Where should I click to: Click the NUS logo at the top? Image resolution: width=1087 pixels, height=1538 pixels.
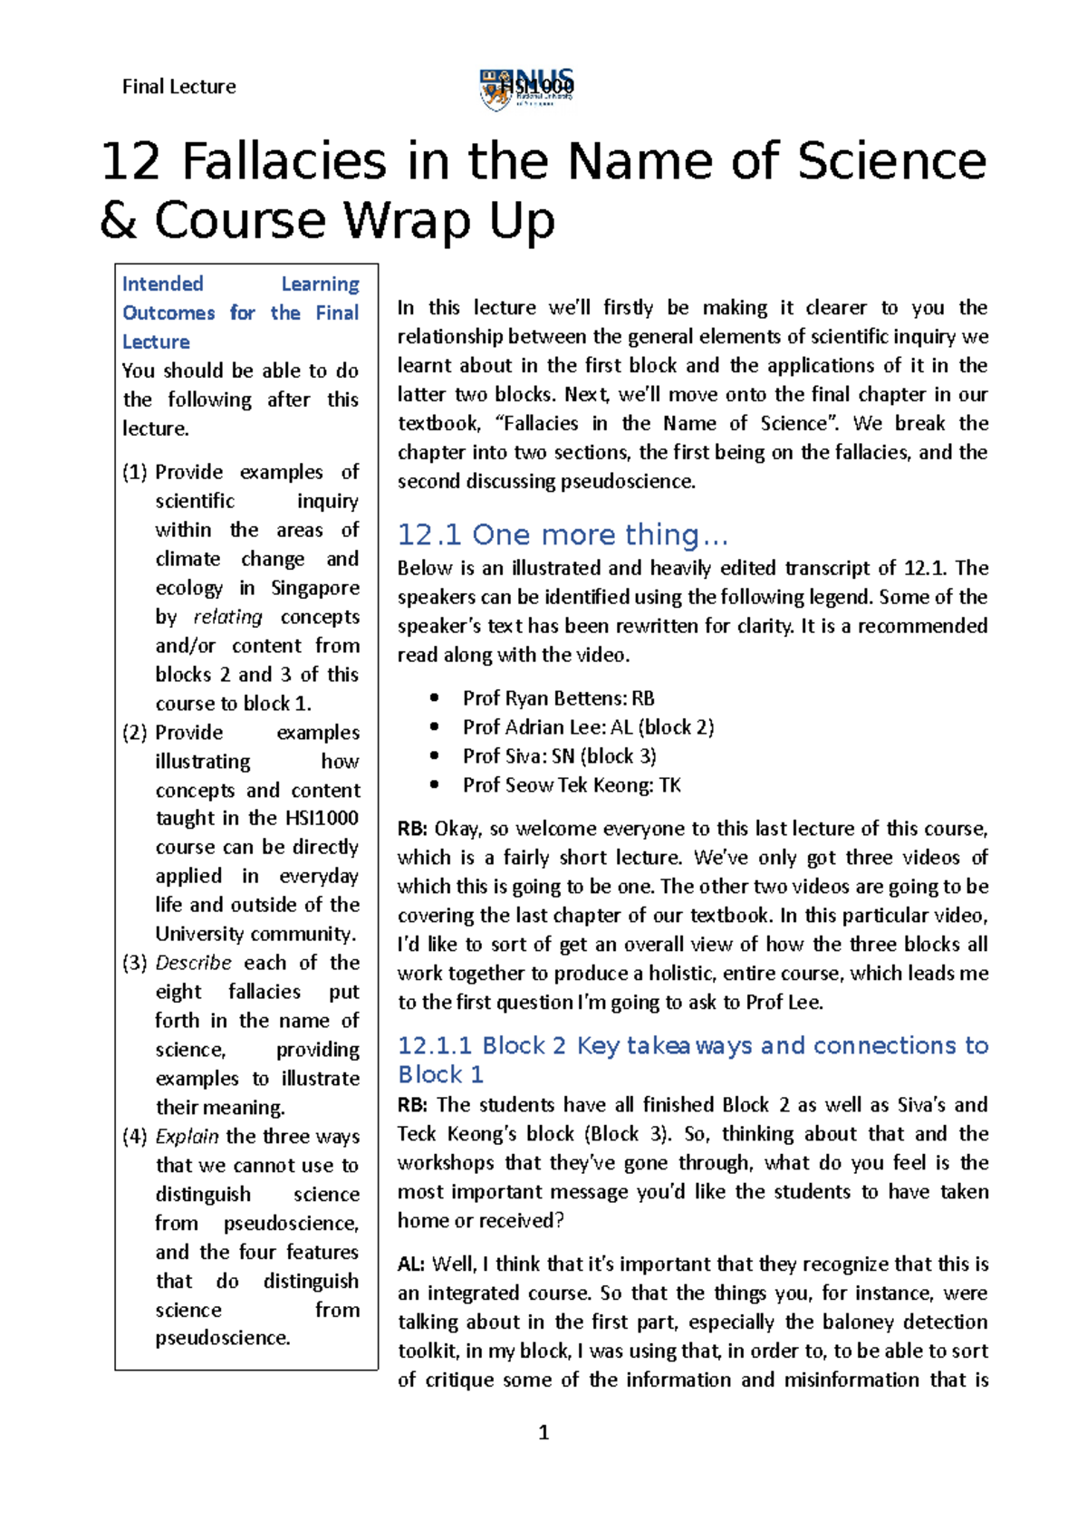coord(526,90)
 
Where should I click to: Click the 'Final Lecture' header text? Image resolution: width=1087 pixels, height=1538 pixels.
coord(178,87)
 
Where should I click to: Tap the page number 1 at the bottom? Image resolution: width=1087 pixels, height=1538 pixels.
coord(543,1432)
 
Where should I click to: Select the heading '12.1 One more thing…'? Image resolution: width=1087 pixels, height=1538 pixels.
coord(563,535)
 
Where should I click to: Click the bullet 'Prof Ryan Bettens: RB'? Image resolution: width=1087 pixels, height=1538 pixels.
coord(558,698)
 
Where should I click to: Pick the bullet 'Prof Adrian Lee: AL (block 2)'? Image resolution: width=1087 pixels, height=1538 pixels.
coord(588,727)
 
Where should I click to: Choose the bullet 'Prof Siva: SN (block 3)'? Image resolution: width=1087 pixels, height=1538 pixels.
coord(559,756)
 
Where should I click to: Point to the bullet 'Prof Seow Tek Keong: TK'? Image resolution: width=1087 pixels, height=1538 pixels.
coord(572,785)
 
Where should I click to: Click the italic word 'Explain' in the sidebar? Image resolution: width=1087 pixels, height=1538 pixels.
coord(187,1137)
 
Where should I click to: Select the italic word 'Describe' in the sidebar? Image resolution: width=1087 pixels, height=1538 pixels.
coord(193,963)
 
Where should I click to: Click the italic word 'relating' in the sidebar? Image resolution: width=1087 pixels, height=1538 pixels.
coord(227,617)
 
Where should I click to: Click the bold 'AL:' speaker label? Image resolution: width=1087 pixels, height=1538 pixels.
coord(412,1264)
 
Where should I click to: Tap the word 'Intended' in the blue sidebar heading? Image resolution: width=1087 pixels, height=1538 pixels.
coord(163,284)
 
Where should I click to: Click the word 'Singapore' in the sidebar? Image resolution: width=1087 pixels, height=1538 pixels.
coord(314,588)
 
